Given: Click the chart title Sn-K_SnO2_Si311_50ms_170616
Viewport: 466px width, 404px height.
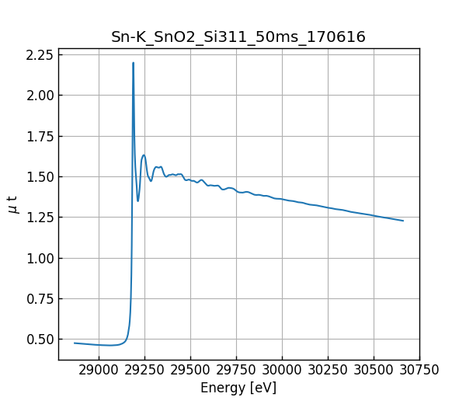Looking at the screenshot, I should (238, 37).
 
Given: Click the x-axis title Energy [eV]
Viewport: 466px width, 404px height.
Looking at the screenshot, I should (238, 388).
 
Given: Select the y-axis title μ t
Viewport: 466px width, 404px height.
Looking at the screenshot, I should (13, 204).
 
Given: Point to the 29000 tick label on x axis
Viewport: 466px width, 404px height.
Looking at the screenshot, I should (99, 371).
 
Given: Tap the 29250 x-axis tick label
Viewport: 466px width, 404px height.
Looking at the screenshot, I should (190, 371).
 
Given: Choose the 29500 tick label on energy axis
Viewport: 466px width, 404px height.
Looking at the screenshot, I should (236, 371).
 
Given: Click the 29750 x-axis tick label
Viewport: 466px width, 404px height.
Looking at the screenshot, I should (282, 371).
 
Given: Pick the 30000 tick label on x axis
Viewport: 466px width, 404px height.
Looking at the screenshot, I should (282, 371).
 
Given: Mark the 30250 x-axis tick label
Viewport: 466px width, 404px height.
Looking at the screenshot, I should (328, 371).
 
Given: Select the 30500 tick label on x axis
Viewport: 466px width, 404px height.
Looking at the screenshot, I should (374, 371).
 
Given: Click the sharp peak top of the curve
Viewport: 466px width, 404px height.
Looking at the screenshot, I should (133, 63).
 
